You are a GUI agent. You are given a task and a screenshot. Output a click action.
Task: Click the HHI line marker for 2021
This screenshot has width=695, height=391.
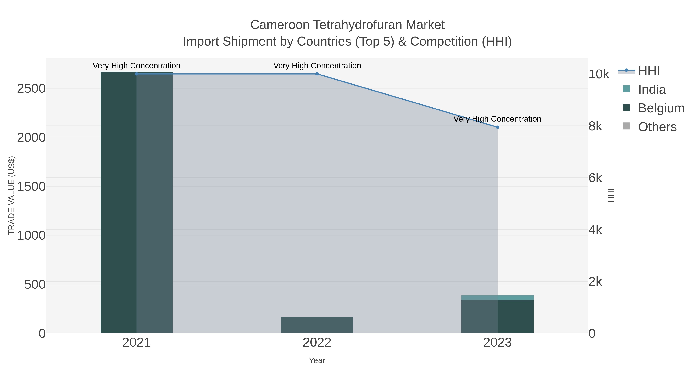[136, 74]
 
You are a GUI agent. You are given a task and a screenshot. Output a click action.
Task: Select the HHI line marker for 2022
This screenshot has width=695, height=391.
[317, 74]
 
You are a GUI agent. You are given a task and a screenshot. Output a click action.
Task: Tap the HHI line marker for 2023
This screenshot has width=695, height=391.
[498, 127]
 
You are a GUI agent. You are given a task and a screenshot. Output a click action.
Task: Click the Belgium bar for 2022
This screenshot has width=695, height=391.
[317, 325]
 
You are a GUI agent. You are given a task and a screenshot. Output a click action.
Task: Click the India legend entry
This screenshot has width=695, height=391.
[652, 90]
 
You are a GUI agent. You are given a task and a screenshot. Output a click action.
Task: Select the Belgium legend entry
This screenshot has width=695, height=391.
[661, 108]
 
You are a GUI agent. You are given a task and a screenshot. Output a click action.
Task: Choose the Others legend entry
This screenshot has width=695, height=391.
[657, 127]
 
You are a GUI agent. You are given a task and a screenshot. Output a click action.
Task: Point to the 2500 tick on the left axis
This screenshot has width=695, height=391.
[31, 88]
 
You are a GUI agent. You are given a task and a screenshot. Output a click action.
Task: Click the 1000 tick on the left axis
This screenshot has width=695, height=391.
[31, 235]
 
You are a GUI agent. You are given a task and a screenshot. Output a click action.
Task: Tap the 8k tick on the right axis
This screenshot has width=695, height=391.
[595, 126]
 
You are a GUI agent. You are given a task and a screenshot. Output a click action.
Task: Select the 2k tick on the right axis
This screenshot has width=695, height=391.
[595, 282]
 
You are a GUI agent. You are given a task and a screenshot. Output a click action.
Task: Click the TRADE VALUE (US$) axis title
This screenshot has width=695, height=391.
[11, 195]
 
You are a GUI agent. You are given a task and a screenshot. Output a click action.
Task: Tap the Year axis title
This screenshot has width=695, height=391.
[317, 360]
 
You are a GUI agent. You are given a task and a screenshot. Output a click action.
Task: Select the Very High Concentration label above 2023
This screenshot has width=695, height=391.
[497, 119]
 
